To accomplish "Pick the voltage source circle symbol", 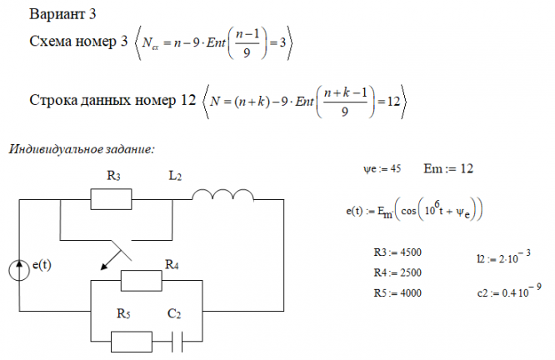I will [x=20, y=269].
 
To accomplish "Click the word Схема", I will [x=52, y=42].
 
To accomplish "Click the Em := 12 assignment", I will [x=448, y=168].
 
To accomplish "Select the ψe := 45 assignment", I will [x=382, y=168].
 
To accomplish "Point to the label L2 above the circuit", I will [x=176, y=176].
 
